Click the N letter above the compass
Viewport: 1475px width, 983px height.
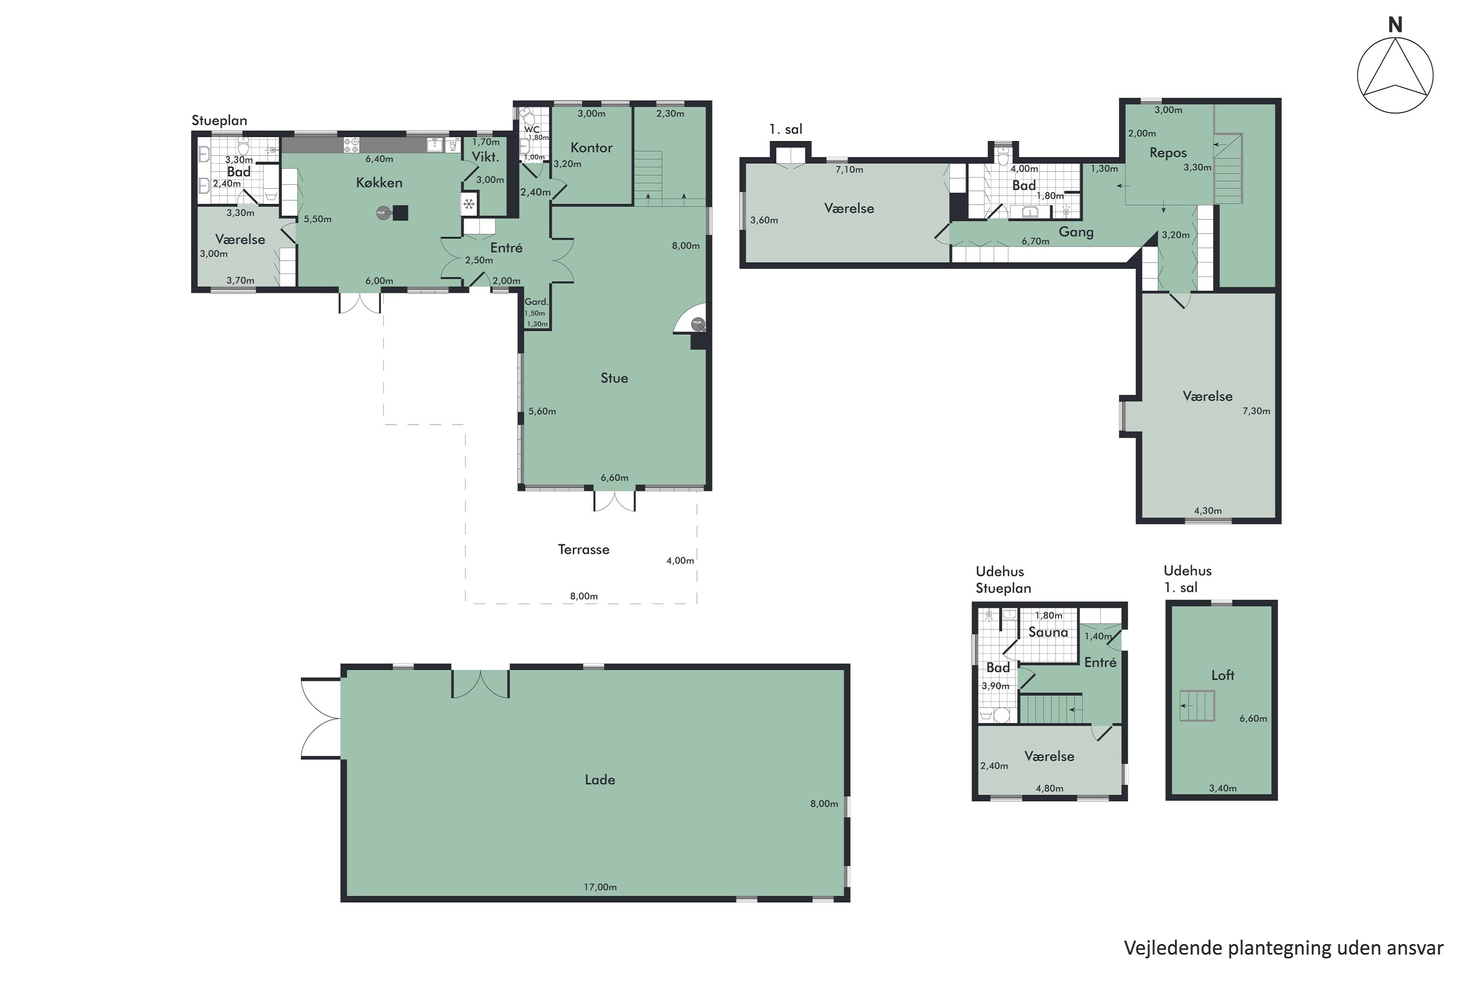tap(1395, 25)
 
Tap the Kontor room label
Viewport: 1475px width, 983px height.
tap(591, 148)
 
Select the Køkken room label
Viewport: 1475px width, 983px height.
tap(379, 182)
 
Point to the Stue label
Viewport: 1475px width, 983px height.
tap(614, 378)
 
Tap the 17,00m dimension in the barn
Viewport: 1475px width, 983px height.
tap(600, 887)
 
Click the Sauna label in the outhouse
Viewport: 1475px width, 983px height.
tap(1048, 632)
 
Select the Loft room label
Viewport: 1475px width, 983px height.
tap(1222, 675)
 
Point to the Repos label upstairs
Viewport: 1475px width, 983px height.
tap(1168, 153)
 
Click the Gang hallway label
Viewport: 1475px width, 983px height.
tap(1076, 232)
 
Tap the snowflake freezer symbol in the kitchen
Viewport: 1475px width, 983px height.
tap(468, 204)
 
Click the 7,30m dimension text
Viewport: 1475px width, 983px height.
tap(1256, 411)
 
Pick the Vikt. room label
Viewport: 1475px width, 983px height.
tap(485, 157)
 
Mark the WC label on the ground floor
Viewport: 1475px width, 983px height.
tap(532, 129)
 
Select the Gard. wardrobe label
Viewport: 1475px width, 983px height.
tap(536, 302)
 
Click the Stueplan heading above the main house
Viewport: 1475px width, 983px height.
tap(219, 120)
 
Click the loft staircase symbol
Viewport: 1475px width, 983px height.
tap(1197, 706)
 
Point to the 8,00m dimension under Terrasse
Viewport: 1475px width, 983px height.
tap(583, 596)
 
